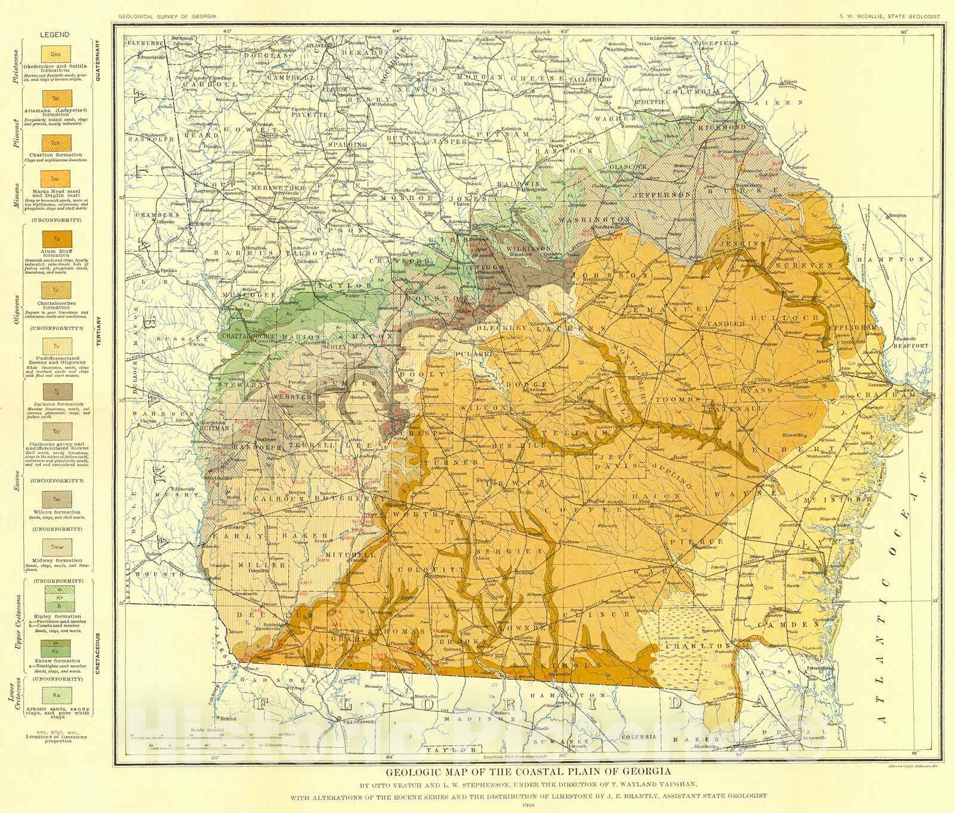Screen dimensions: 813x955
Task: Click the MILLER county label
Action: coord(261,565)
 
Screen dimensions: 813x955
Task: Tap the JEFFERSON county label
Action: coord(663,195)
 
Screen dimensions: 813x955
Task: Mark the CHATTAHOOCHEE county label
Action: coord(258,338)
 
